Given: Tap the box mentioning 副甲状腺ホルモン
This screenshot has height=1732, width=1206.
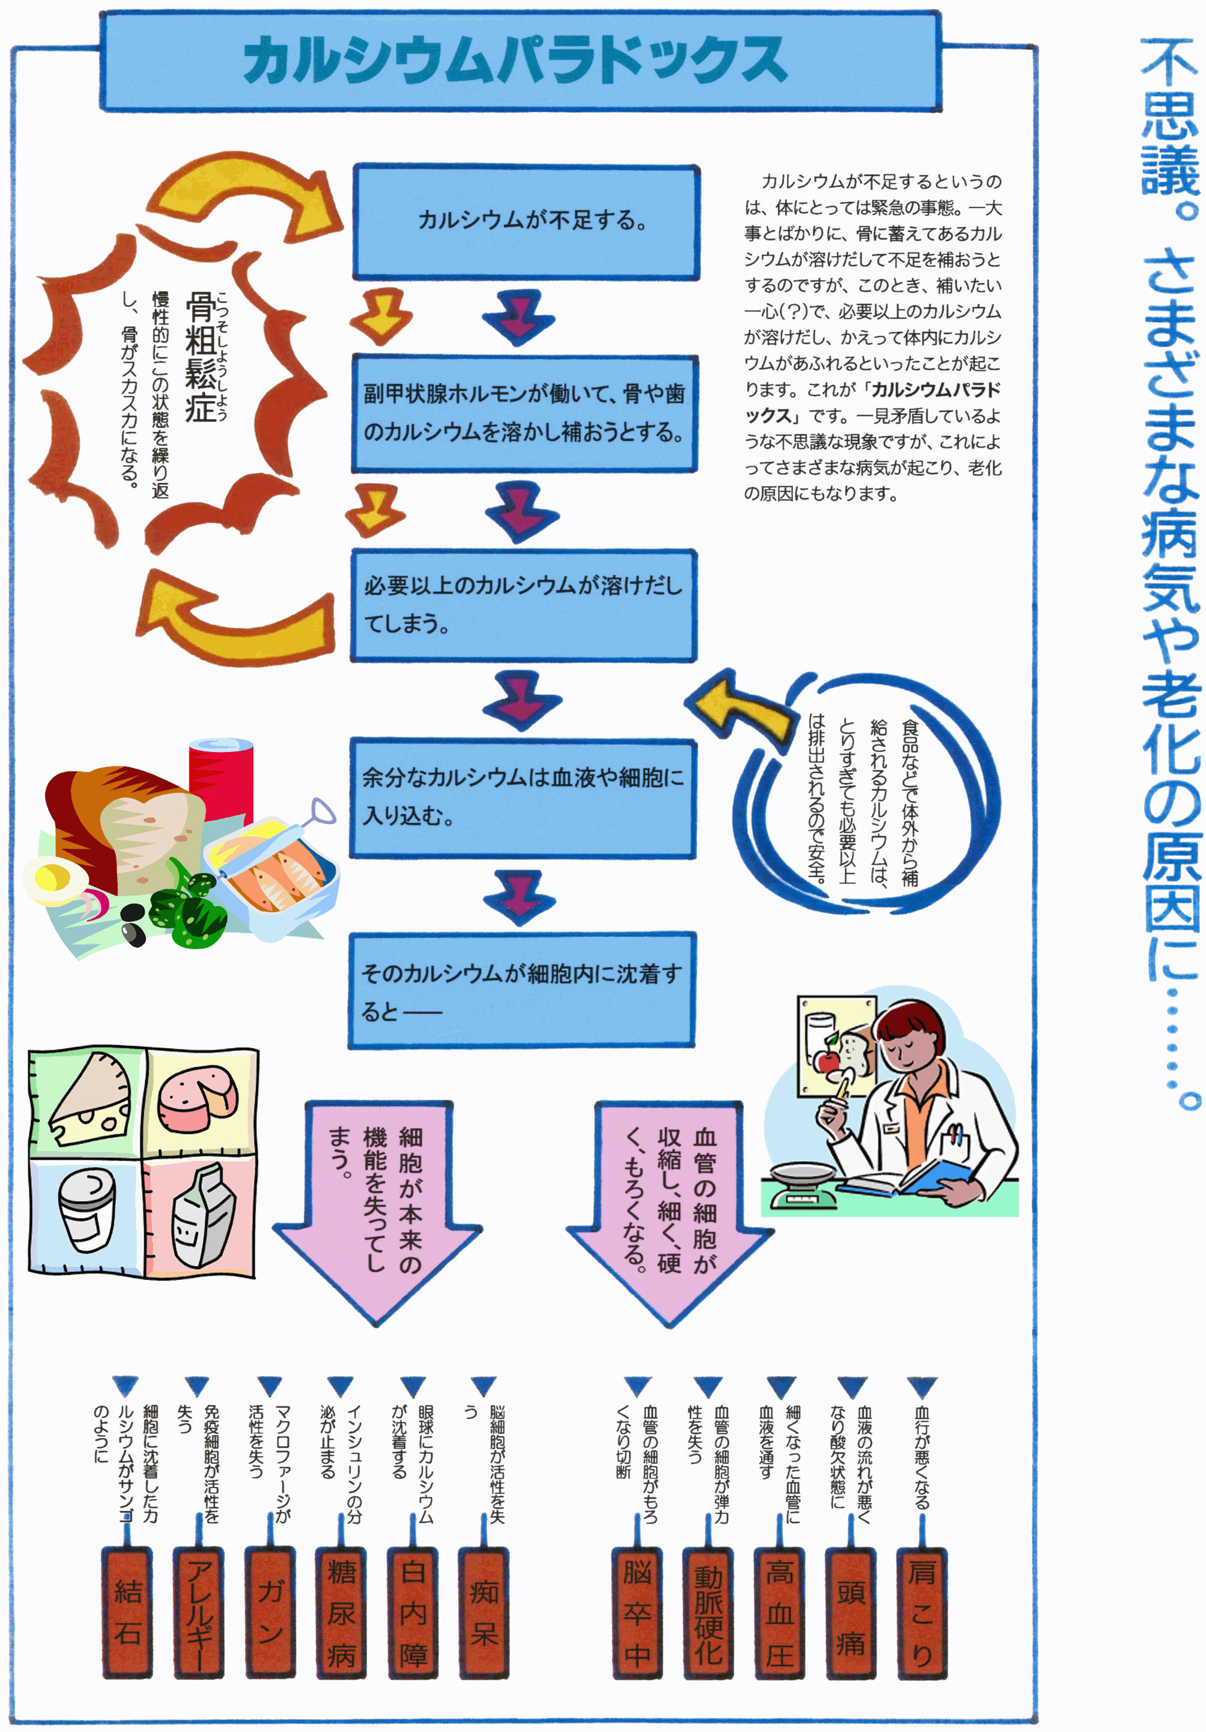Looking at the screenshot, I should point(524,413).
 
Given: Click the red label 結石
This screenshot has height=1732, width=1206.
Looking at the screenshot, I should point(127,1612).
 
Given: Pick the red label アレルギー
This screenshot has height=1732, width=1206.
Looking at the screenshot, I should point(199,1612).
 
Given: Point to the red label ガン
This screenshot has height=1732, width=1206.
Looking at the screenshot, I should point(270,1612).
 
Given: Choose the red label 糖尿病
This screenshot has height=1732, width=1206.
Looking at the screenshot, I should point(342,1612).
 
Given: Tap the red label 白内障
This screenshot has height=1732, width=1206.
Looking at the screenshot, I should point(413,1612).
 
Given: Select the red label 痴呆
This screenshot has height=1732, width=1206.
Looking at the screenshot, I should point(484,1612).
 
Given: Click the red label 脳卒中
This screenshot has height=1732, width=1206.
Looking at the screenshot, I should point(637,1612).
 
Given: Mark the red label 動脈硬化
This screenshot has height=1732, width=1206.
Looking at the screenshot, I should point(708,1612).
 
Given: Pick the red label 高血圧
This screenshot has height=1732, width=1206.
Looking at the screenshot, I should point(780,1612).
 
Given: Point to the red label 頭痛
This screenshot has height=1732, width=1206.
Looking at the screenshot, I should point(851,1612).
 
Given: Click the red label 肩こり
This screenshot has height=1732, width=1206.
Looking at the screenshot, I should point(921,1612).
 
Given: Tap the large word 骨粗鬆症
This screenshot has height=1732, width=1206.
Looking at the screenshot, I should point(201,358).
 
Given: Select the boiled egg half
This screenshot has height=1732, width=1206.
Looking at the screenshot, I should point(54,880).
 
